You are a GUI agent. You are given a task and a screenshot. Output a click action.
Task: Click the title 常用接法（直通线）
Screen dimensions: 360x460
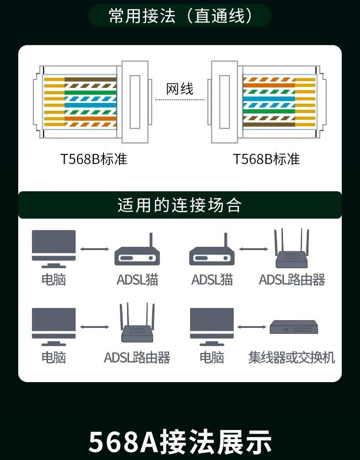(x=180, y=16)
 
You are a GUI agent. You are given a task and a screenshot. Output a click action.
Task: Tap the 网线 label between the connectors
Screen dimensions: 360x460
(x=180, y=88)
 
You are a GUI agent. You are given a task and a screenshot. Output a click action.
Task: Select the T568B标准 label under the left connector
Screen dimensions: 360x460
(x=94, y=159)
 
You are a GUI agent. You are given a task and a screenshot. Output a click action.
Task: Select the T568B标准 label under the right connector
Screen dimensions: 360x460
(x=267, y=159)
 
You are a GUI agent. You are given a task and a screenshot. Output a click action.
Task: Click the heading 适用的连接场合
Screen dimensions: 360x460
(x=180, y=205)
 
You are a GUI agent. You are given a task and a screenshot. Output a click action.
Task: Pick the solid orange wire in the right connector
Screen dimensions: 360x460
(x=268, y=85)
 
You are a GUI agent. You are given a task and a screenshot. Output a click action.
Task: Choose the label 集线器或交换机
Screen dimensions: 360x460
(x=292, y=357)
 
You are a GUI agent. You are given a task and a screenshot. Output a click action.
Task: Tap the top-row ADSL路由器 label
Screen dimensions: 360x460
(x=292, y=279)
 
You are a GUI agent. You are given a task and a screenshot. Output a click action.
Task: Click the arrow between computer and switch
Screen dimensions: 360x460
(x=252, y=327)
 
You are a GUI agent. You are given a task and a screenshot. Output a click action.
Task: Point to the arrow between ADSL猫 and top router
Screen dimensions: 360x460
(x=253, y=249)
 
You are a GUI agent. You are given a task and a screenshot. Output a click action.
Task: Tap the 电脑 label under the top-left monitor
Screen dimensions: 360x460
(x=54, y=279)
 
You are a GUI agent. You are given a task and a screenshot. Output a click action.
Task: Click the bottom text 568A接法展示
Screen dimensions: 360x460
(x=180, y=442)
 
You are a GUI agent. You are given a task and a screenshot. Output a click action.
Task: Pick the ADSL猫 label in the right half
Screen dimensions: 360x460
(x=212, y=279)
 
